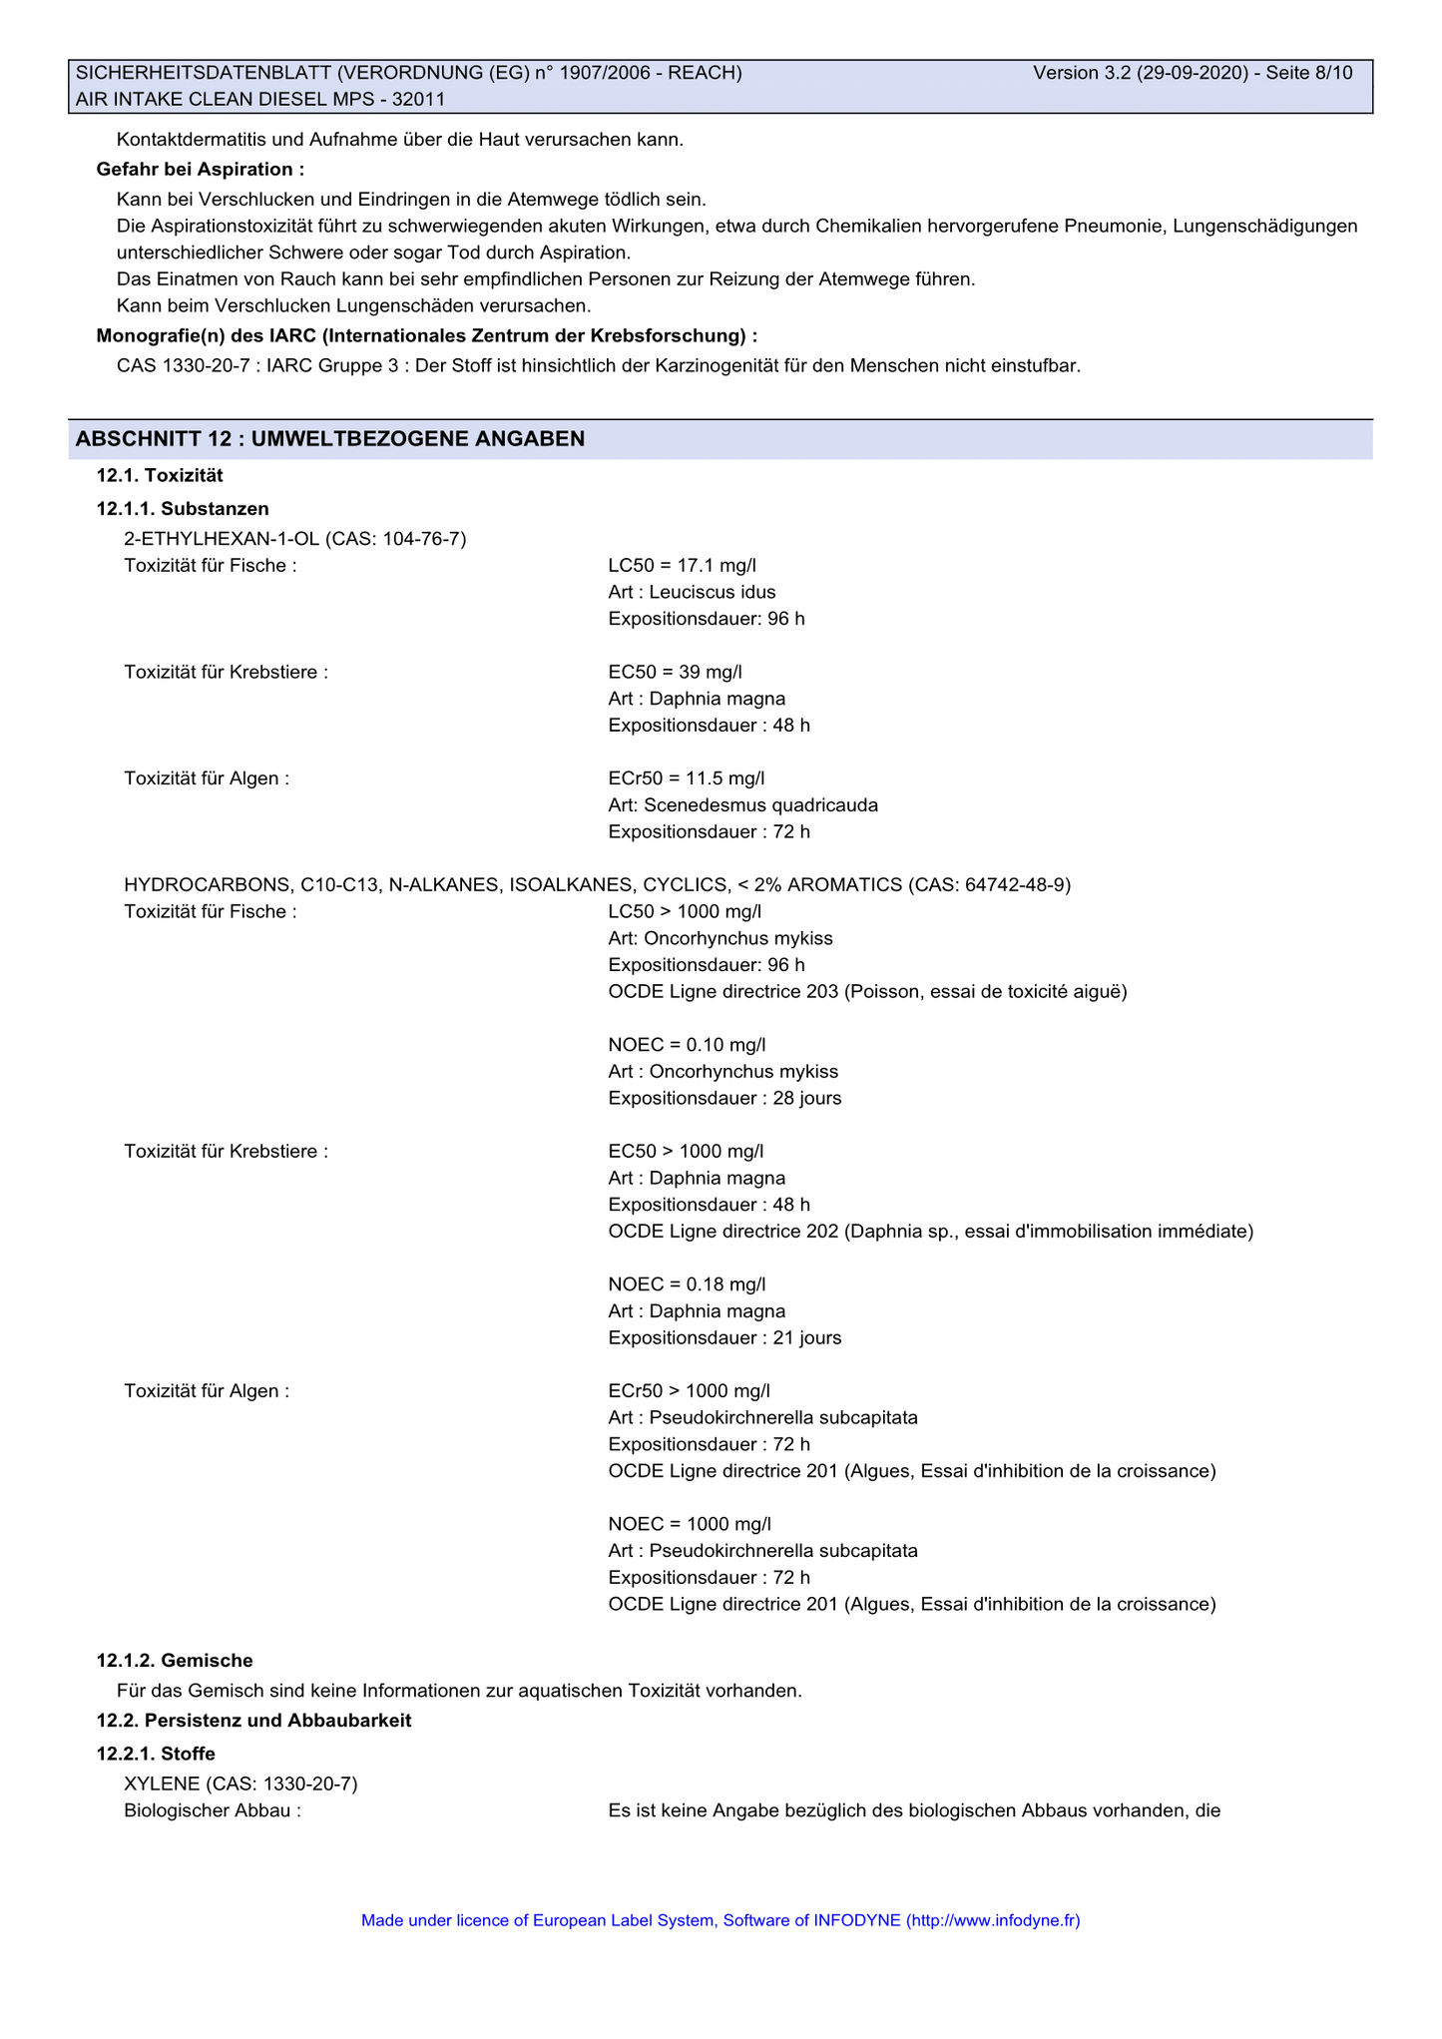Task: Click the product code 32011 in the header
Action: point(419,99)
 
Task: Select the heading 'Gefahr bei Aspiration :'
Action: point(201,170)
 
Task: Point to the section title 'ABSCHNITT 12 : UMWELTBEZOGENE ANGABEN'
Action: point(330,439)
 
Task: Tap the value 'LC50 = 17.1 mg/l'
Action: point(682,566)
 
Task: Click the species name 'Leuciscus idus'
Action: point(713,592)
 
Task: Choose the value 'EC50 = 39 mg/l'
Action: point(675,672)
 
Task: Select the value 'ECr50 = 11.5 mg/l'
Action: point(686,778)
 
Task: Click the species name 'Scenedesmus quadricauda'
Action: point(761,804)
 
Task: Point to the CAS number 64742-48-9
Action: point(1016,884)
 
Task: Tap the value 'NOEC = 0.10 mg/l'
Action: point(687,1045)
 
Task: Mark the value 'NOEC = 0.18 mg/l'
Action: point(687,1284)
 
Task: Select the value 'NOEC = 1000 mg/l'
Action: point(690,1524)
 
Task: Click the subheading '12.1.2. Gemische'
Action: point(175,1661)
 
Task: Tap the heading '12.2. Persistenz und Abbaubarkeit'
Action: point(253,1721)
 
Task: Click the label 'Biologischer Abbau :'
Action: point(213,1810)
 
